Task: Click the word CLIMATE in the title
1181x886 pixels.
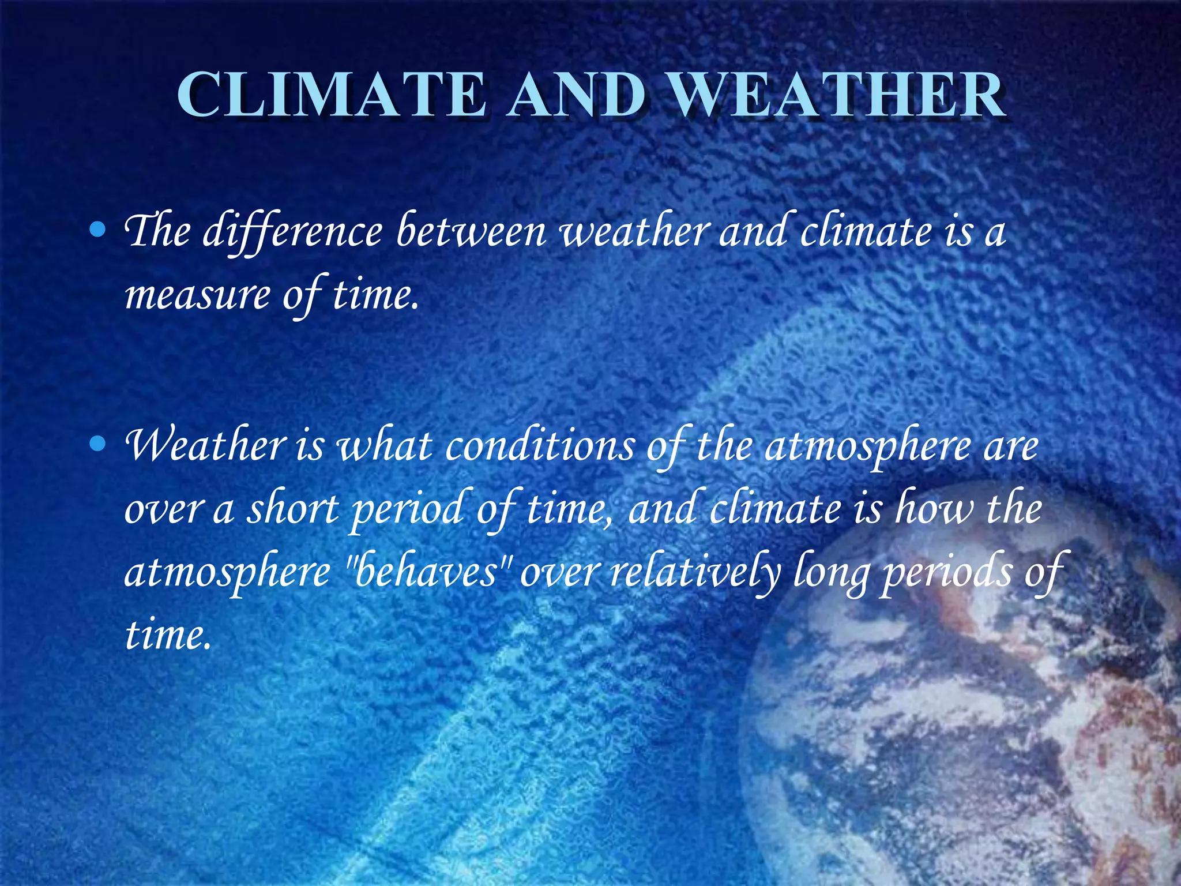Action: [x=331, y=95]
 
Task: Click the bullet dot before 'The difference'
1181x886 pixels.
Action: [x=99, y=231]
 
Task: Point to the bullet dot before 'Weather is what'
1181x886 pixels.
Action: [x=99, y=444]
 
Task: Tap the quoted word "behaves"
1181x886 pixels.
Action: [x=427, y=573]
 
